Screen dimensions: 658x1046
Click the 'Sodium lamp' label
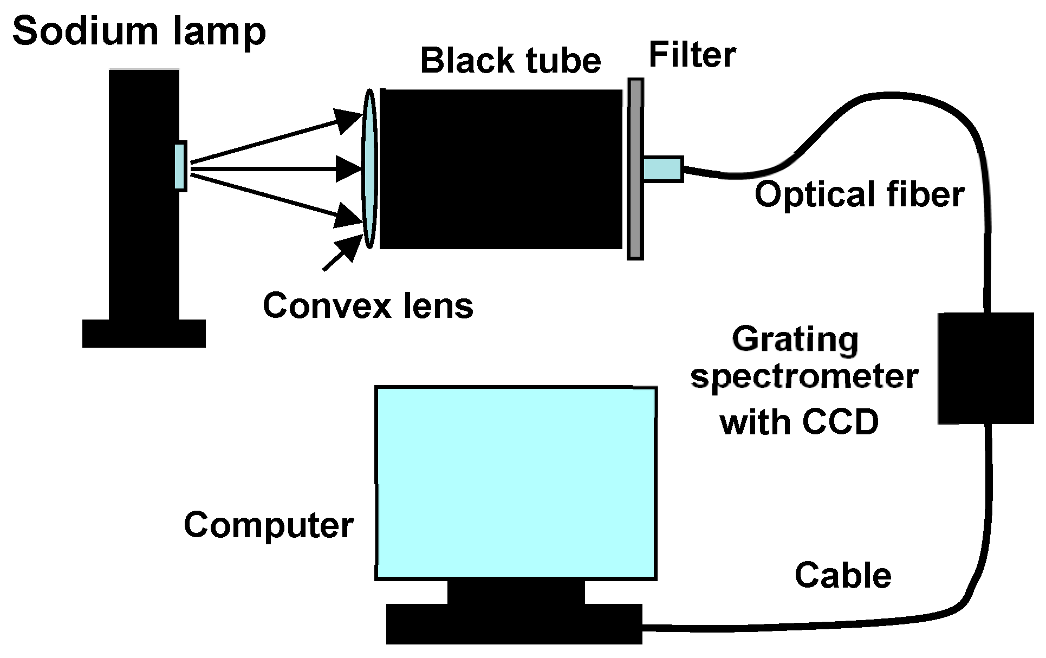click(139, 31)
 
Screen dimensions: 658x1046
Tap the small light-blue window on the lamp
click(180, 166)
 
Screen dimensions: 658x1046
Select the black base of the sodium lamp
click(144, 333)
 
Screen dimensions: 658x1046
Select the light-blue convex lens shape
click(369, 168)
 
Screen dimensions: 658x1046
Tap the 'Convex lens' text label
click(368, 305)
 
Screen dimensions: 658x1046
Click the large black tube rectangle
click(501, 168)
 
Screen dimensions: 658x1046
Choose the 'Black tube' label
click(510, 60)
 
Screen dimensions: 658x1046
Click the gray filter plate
click(635, 169)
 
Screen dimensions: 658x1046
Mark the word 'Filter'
click(692, 55)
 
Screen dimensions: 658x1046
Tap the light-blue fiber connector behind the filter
click(663, 168)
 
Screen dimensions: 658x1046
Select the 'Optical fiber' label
click(859, 194)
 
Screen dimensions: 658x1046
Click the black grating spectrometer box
click(985, 368)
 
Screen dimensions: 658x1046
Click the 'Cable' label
click(843, 575)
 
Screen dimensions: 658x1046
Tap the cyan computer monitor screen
click(516, 483)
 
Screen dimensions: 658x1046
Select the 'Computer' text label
click(269, 525)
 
